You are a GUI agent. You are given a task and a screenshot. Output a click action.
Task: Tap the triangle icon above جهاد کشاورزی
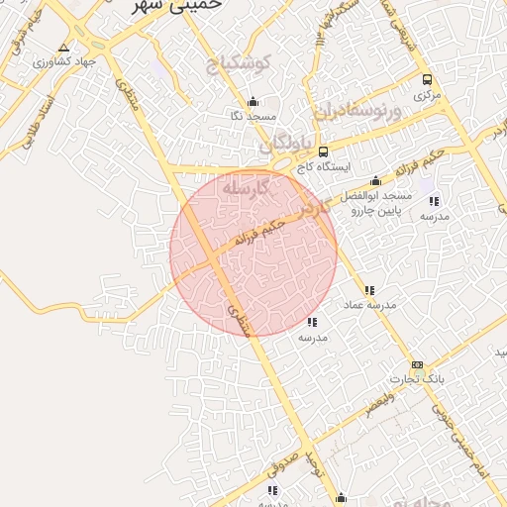tap(64, 47)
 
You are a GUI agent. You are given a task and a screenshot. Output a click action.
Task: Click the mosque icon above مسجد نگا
tap(253, 101)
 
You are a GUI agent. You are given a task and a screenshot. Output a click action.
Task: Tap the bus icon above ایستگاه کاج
tap(324, 152)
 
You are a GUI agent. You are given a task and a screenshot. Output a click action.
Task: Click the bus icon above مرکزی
tap(427, 79)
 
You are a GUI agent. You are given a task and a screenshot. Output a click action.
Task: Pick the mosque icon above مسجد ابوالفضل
tap(375, 181)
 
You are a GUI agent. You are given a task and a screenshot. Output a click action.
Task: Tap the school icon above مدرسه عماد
tap(369, 290)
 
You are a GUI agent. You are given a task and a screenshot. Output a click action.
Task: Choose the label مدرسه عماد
tap(369, 305)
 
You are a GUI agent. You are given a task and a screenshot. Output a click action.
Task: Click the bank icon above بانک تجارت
tap(417, 364)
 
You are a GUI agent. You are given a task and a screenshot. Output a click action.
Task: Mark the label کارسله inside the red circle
tap(246, 187)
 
